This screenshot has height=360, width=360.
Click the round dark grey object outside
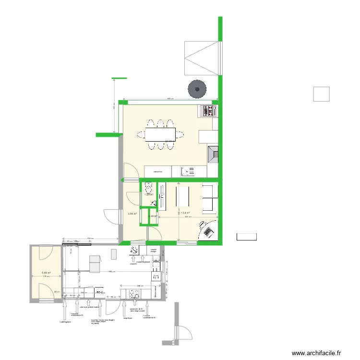[x=197, y=88]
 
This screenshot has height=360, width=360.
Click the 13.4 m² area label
[x=185, y=213]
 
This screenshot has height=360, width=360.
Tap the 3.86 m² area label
[x=132, y=214]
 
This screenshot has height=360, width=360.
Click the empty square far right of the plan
[x=321, y=94]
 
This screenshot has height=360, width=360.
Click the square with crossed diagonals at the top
[x=201, y=58]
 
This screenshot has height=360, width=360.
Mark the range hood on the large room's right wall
[x=213, y=154]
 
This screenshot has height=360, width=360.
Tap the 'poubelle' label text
[x=133, y=264]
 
